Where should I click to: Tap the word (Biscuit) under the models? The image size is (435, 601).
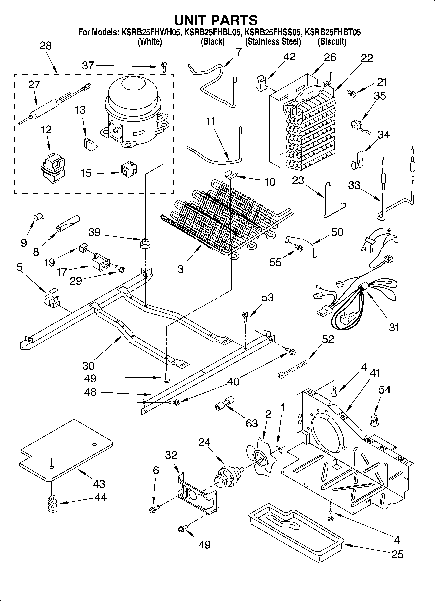click(x=332, y=42)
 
